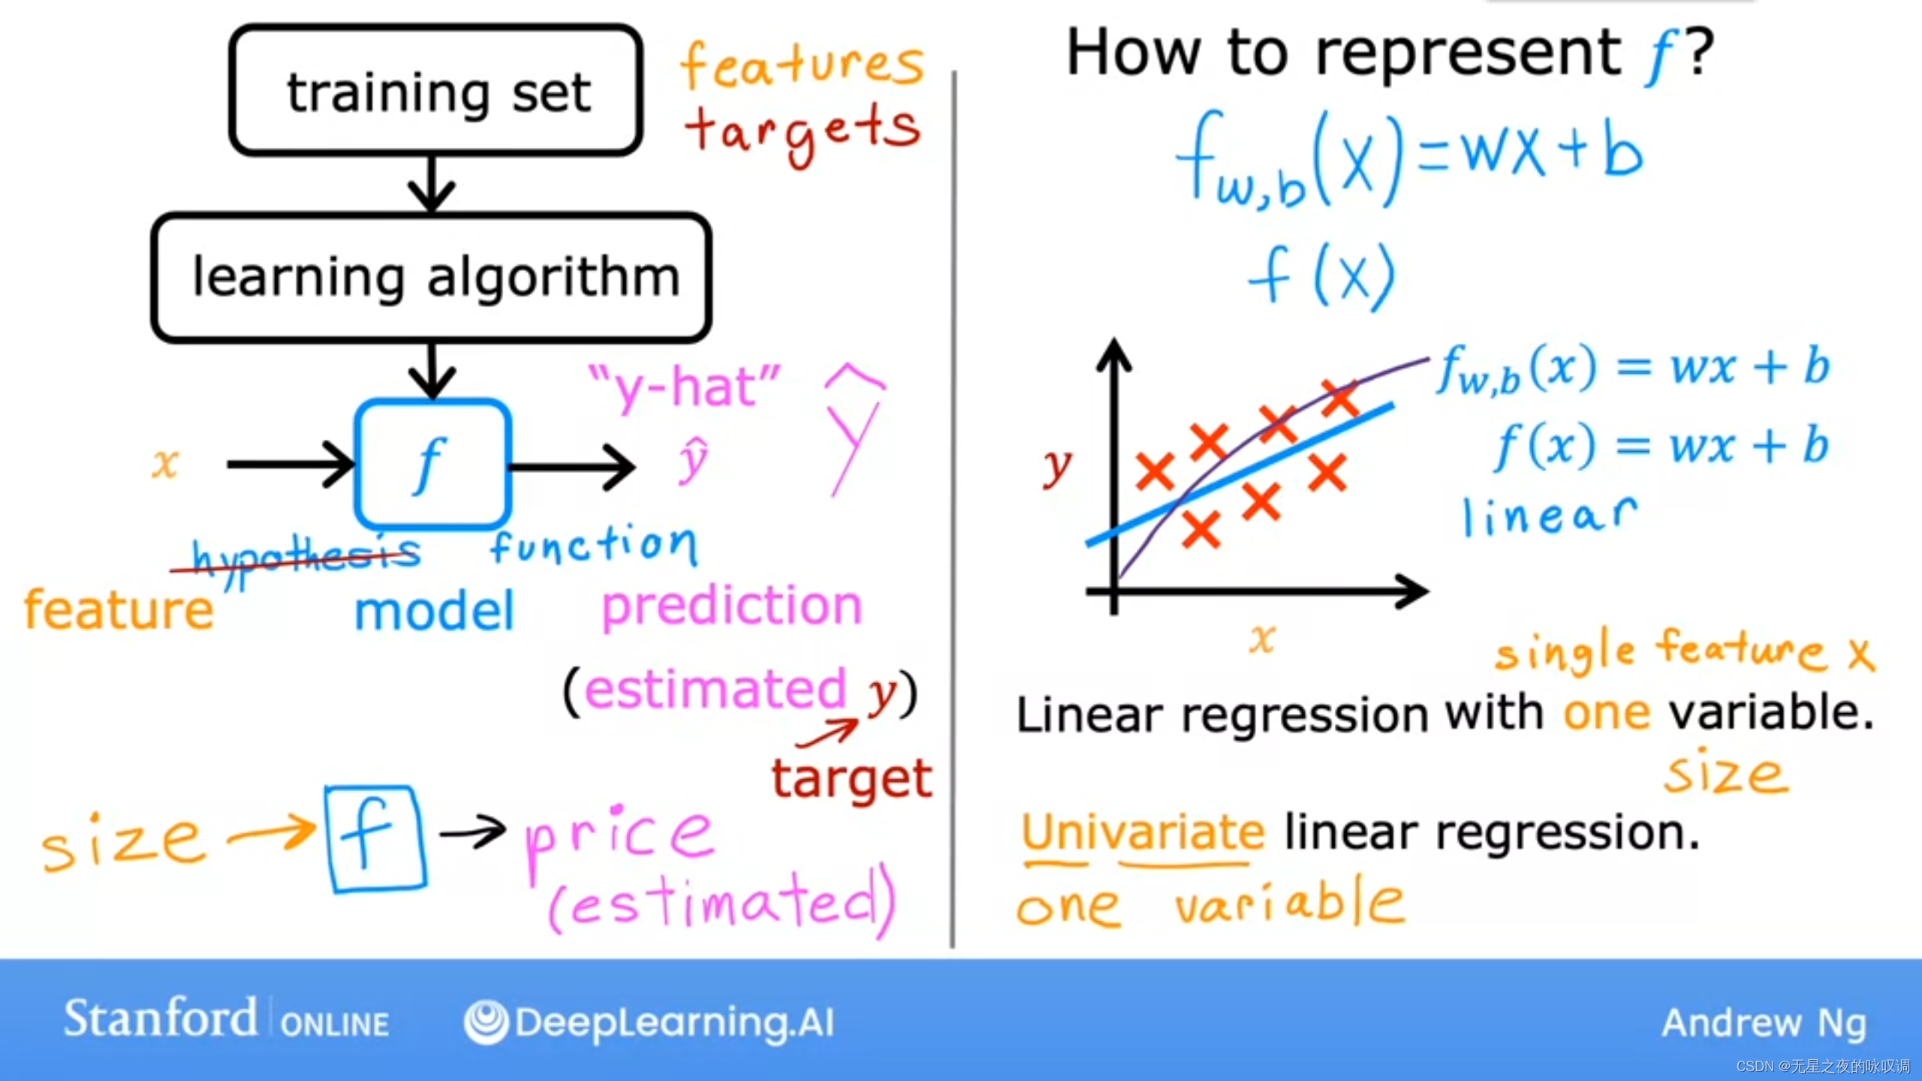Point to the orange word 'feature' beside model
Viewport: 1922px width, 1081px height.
119,610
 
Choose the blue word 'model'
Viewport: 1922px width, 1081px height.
434,611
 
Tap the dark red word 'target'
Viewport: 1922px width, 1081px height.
852,778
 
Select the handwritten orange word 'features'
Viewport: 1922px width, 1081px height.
802,66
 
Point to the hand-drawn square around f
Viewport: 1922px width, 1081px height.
327,839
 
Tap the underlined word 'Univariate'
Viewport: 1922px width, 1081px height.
1143,833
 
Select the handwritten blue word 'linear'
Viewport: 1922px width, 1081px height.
1550,516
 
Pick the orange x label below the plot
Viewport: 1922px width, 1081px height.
1262,640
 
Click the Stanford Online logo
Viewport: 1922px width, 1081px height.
226,1019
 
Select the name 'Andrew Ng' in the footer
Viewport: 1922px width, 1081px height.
1764,1023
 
